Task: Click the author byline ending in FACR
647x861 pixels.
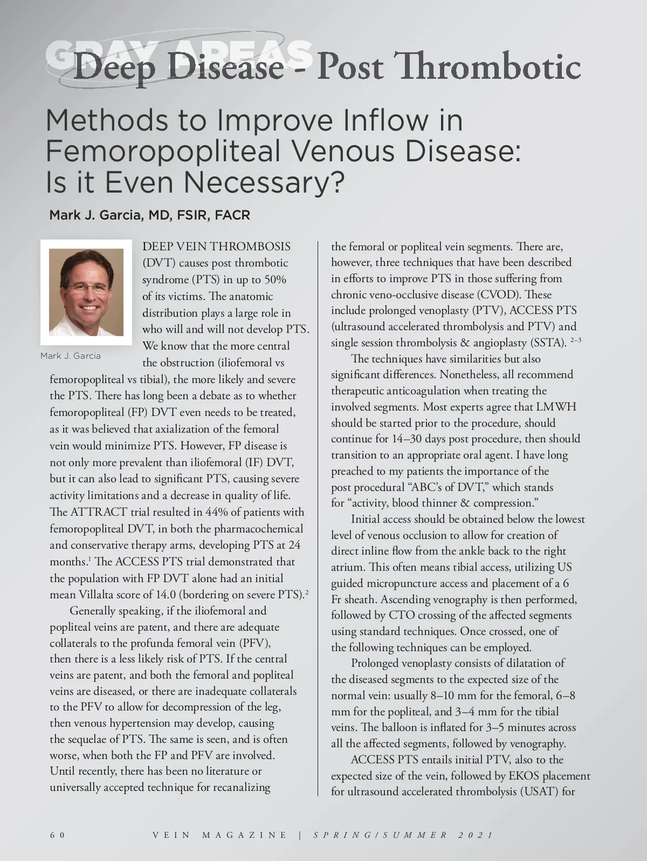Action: pyautogui.click(x=149, y=215)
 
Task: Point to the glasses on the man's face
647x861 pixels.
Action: pyautogui.click(x=86, y=288)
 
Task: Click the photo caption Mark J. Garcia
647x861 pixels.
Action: pyautogui.click(x=70, y=356)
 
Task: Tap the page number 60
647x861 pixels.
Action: pyautogui.click(x=57, y=835)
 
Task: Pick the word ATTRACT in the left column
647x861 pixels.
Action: pyautogui.click(x=99, y=512)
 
